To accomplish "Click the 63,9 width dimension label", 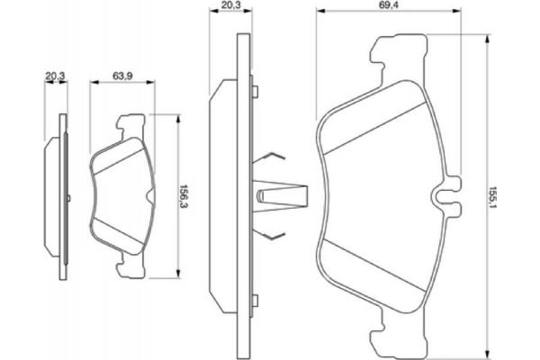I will point(124,76).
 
